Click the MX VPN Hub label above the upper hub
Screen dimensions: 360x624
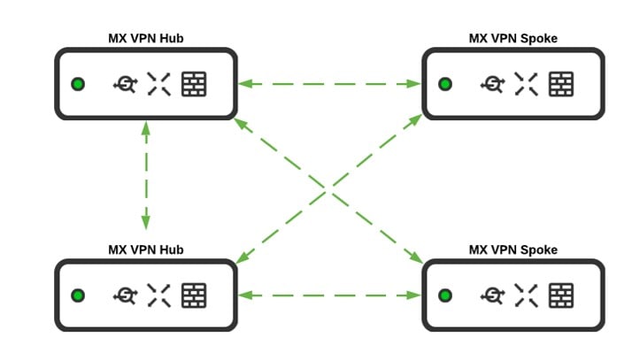coord(145,38)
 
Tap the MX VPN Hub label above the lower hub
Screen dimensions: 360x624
coord(145,249)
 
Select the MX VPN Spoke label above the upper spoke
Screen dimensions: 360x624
coord(513,38)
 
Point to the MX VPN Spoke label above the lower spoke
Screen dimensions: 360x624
coord(513,249)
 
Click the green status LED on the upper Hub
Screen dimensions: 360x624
coord(78,84)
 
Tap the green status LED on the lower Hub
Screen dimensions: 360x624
coord(78,295)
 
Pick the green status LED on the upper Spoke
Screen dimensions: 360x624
coord(445,84)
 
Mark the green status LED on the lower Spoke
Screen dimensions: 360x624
coord(445,295)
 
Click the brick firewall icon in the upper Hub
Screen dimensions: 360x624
coord(194,84)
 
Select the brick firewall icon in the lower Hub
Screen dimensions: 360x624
coord(194,295)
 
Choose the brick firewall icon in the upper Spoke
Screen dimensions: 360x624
coord(561,84)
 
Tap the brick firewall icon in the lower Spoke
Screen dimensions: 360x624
coord(561,295)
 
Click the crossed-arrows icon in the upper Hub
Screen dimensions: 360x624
coord(159,84)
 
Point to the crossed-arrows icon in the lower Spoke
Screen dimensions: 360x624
coord(527,295)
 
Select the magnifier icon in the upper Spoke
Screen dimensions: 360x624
coord(492,84)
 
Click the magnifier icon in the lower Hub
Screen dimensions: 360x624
coord(125,295)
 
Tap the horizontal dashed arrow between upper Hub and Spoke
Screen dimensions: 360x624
coord(330,84)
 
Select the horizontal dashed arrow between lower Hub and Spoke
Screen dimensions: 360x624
coord(330,295)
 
